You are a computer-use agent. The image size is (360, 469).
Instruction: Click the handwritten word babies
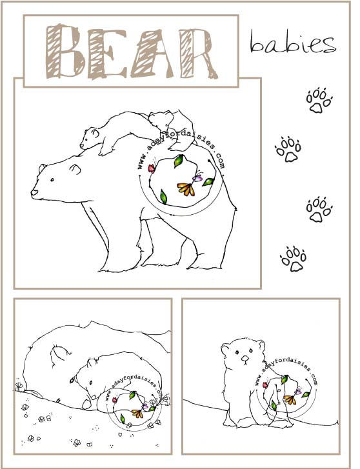coord(293,42)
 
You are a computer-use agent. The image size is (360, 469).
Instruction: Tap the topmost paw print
coord(319,100)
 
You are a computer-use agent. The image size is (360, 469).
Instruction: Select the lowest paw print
coord(294,259)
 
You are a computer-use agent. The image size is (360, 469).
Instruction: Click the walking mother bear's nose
coord(34,192)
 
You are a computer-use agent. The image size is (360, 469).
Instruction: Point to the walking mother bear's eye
coord(52,180)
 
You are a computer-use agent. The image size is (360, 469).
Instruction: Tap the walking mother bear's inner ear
coord(75,169)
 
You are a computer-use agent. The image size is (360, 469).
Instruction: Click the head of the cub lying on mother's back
coord(90,137)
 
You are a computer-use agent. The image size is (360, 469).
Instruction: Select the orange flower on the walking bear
coord(186,189)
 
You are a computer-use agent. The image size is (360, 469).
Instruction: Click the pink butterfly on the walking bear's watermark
coord(152,168)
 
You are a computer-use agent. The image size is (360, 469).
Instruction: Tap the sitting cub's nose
coord(245,358)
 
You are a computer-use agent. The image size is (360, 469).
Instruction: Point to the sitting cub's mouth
coord(245,363)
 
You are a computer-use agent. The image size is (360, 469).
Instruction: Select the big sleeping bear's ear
coord(60,354)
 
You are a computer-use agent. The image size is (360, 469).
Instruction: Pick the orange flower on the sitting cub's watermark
coord(290,399)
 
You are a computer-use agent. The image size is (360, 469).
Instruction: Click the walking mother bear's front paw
coord(120,267)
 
